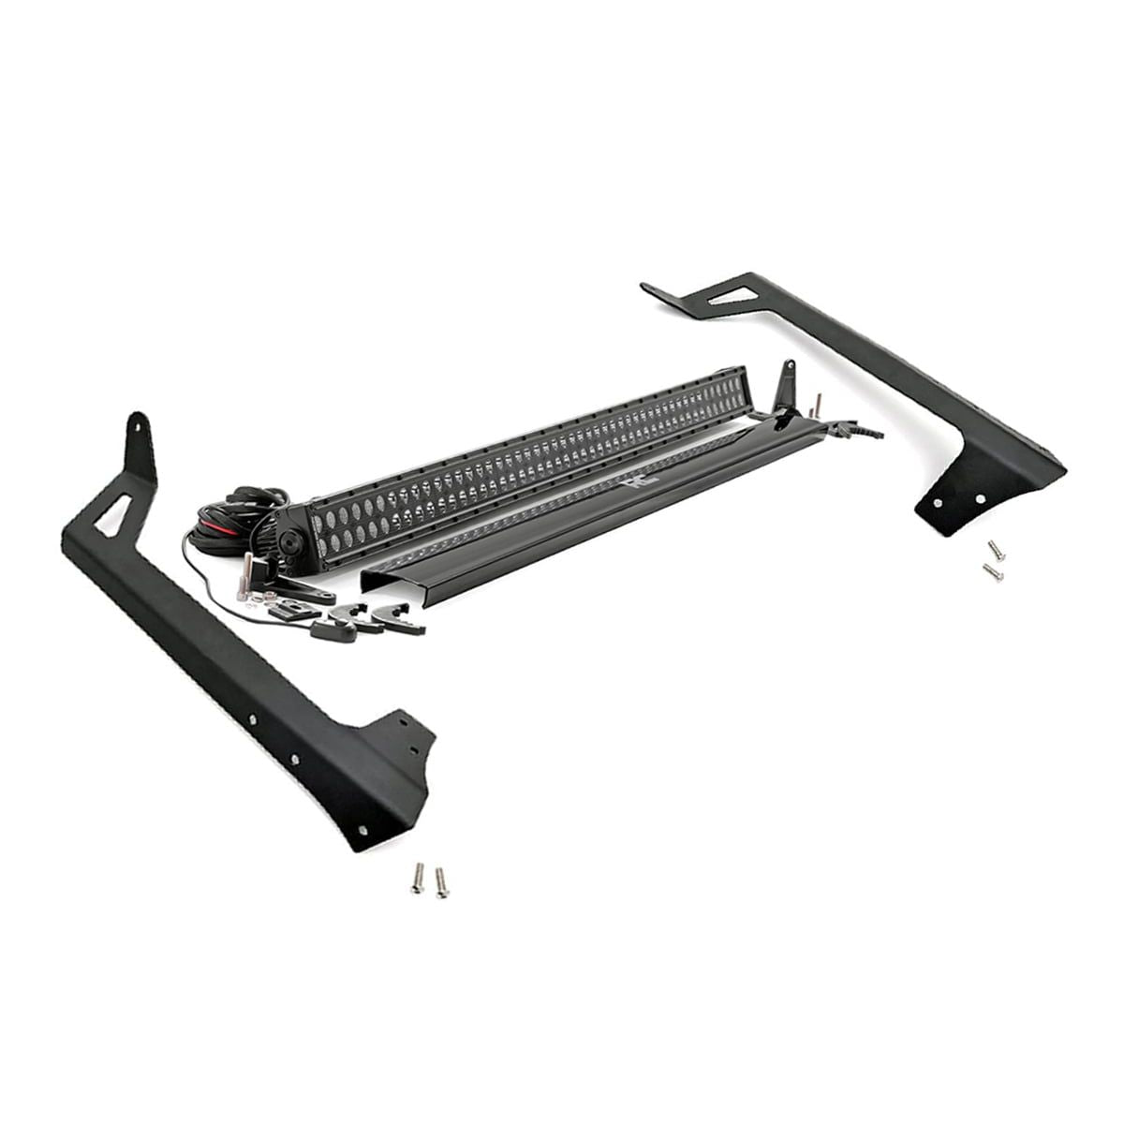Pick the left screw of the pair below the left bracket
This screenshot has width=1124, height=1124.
pyautogui.click(x=418, y=877)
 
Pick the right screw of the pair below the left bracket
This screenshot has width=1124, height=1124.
pyautogui.click(x=440, y=882)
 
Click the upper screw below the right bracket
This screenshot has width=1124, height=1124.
pyautogui.click(x=995, y=550)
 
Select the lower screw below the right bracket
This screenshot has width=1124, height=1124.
pyautogui.click(x=992, y=571)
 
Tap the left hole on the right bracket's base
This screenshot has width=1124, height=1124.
pyautogui.click(x=938, y=503)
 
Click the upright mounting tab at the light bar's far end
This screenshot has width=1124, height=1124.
pyautogui.click(x=787, y=383)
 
